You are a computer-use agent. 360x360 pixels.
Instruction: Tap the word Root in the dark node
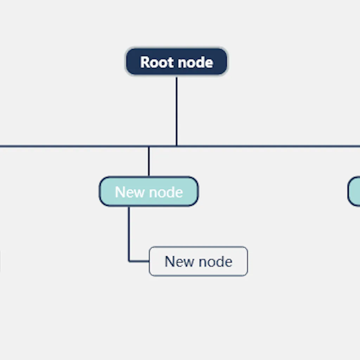pyautogui.click(x=156, y=63)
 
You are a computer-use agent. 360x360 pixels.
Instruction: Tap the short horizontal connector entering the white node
pyautogui.click(x=140, y=261)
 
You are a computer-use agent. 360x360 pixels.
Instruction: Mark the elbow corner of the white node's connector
pyautogui.click(x=129, y=261)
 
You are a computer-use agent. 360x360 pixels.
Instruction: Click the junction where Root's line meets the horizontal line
pyautogui.click(x=176, y=146)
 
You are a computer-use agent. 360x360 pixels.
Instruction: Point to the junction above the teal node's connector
pyautogui.click(x=149, y=146)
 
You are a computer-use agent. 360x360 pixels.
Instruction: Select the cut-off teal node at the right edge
pyautogui.click(x=354, y=191)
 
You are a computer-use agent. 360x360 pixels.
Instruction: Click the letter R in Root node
pyautogui.click(x=145, y=63)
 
